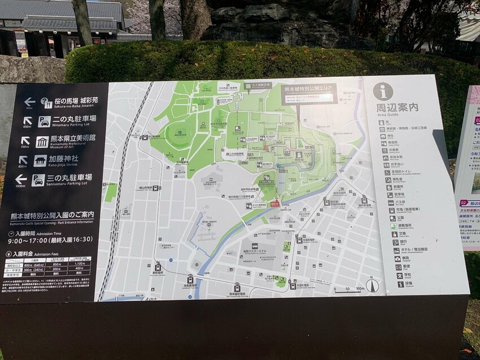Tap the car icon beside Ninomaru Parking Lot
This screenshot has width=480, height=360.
tap(44, 122)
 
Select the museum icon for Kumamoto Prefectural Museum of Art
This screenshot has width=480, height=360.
tap(42, 141)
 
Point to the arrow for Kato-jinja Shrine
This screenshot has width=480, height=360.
tap(23, 160)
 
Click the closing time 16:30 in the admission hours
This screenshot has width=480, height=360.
tap(82, 239)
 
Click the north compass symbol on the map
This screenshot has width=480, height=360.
tap(372, 285)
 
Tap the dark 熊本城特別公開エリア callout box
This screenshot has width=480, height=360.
tap(308, 93)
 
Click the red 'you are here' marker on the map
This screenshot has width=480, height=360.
tap(275, 202)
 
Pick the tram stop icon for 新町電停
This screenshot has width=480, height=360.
tap(158, 267)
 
